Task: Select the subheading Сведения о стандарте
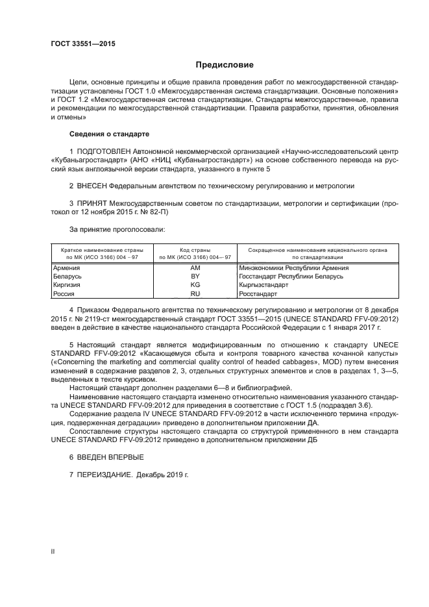click(109, 134)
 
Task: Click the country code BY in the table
click(195, 276)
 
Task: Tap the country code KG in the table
click(195, 284)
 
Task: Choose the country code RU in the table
click(195, 293)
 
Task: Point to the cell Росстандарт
click(258, 293)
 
